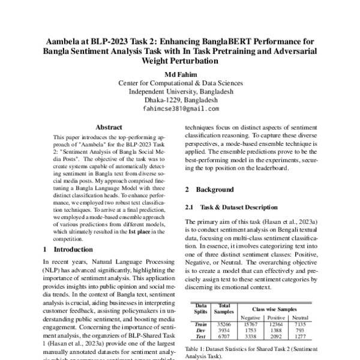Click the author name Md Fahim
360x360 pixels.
point(180,73)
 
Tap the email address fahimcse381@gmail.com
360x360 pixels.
point(180,109)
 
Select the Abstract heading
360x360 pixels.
point(109,127)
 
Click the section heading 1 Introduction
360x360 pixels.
point(68,248)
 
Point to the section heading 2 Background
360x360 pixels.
point(209,190)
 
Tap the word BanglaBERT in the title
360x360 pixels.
point(234,43)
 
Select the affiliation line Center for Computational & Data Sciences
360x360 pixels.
point(180,82)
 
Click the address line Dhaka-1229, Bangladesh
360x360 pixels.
point(180,100)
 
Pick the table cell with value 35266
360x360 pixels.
point(224,324)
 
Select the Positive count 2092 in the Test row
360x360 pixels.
point(275,337)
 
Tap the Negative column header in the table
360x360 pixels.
point(250,317)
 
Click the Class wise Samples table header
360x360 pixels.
point(275,307)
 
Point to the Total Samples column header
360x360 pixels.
point(224,308)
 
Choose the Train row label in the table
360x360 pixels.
point(200,324)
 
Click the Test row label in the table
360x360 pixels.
point(200,337)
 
